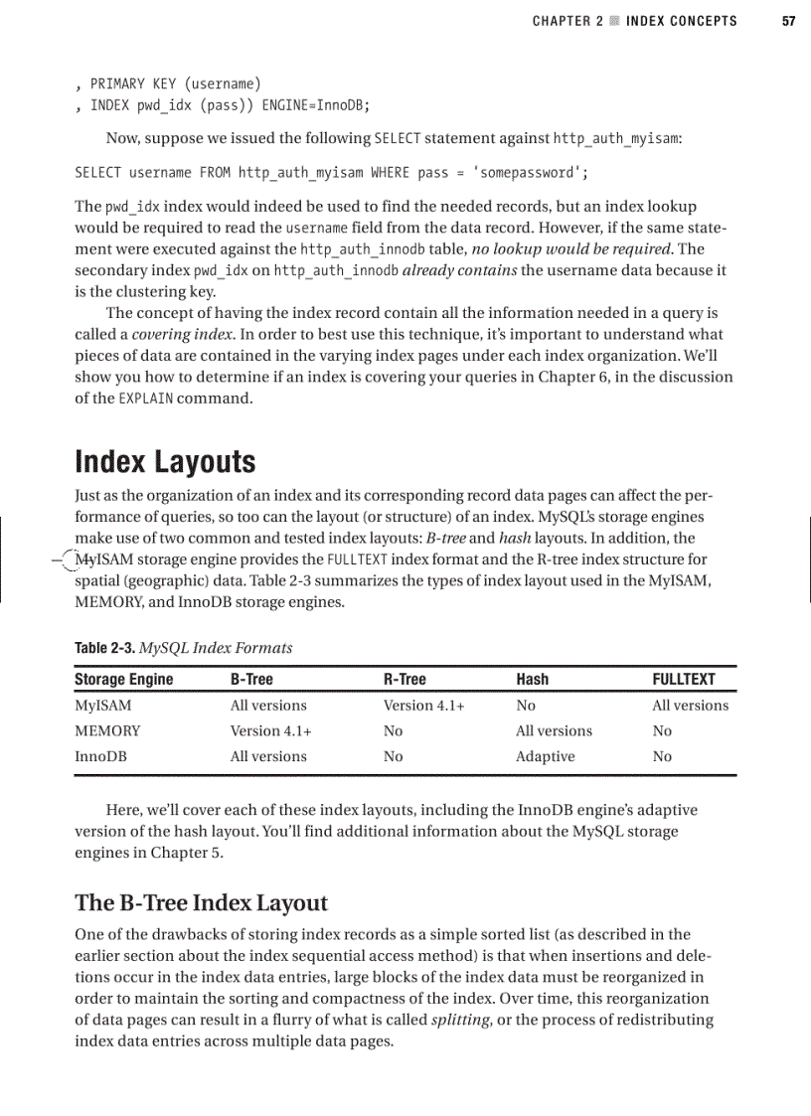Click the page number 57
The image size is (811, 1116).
[788, 21]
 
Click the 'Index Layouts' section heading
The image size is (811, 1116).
[165, 462]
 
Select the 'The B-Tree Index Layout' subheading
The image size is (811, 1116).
[201, 902]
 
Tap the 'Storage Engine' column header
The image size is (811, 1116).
[123, 680]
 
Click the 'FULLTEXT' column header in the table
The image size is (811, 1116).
[683, 680]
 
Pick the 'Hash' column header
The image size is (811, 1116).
[532, 680]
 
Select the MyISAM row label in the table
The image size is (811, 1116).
[102, 706]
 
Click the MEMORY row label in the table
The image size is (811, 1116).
[107, 731]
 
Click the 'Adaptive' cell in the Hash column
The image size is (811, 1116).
[545, 757]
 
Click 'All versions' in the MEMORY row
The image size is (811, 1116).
[554, 731]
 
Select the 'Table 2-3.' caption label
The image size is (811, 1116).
[104, 649]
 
